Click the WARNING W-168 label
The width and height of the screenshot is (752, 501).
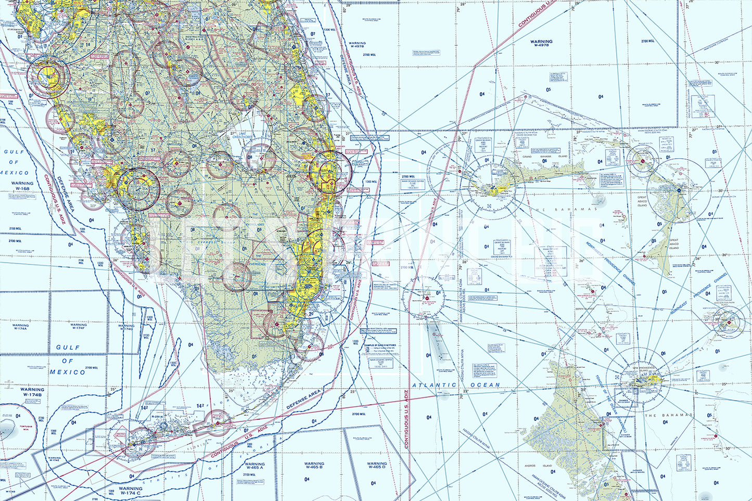coord(22,186)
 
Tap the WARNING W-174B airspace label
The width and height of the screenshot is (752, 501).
coord(32,392)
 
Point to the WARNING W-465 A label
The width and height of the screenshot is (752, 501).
coord(254,466)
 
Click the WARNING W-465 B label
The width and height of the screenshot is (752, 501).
coord(314,466)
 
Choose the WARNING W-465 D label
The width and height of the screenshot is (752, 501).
coord(376,466)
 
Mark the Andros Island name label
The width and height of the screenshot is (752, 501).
coord(545,466)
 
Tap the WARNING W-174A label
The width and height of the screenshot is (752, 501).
coord(21,327)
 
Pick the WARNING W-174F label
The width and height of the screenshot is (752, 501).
coord(78,327)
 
